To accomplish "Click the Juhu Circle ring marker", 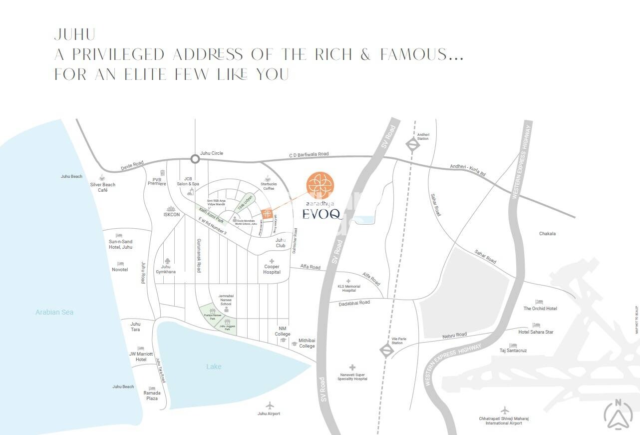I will (x=195, y=159).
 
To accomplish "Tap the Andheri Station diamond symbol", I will (x=413, y=145).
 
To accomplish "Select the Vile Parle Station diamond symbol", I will (x=387, y=350).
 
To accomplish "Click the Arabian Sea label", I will (x=54, y=312).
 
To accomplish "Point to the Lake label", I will (x=214, y=367).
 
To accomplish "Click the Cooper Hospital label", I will (x=272, y=269).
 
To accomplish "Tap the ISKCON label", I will (x=171, y=215).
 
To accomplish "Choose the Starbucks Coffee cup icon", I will (x=268, y=178).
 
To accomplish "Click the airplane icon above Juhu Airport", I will (x=270, y=405).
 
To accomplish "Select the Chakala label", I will (x=547, y=234).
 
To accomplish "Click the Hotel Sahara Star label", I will (x=536, y=332).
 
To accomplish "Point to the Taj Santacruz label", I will (x=513, y=351).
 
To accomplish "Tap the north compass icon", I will (x=618, y=414).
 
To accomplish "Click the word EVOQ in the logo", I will (x=322, y=214).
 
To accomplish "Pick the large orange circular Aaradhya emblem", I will (x=318, y=185).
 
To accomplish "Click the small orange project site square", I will (x=268, y=214).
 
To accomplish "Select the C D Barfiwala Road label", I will (x=309, y=154).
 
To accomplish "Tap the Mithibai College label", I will (x=307, y=343).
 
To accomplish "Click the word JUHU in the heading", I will (x=75, y=34).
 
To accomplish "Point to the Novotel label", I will (x=120, y=270).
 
